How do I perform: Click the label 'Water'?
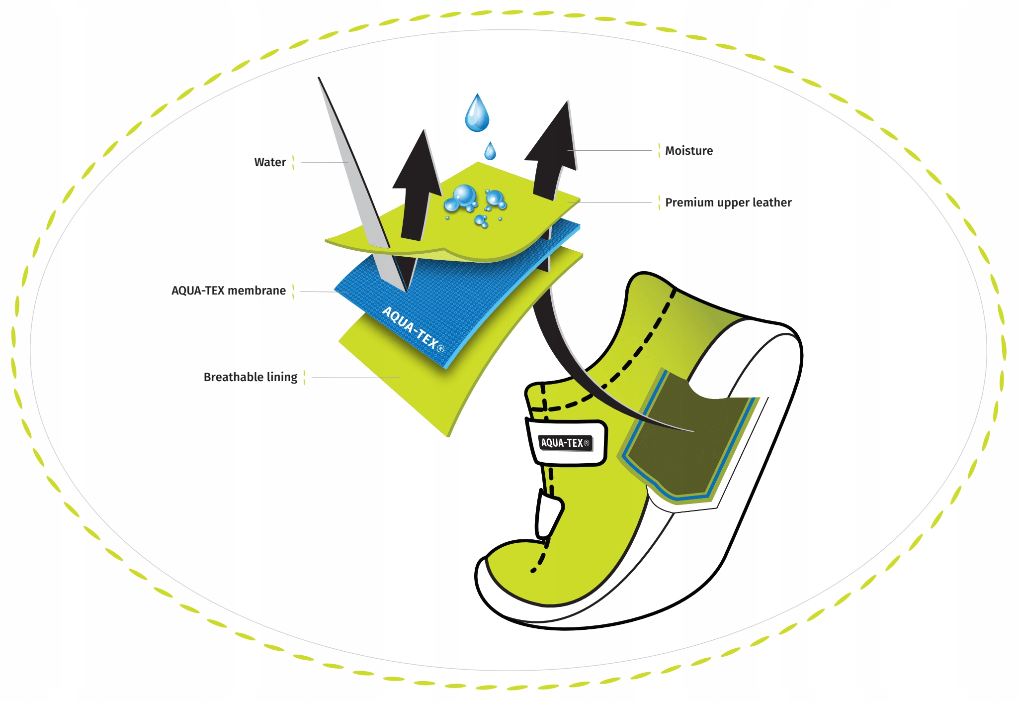pos(270,162)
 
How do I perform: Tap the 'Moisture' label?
pos(688,151)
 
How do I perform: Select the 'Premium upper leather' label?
pos(728,202)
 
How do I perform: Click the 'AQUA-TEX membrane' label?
pos(228,291)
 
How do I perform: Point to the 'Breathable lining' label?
pos(250,377)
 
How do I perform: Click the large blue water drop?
pos(477,114)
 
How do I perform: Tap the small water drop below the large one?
pos(490,151)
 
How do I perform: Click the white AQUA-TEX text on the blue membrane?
pos(413,328)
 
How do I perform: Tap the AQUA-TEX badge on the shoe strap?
pos(566,442)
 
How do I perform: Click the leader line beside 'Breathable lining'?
pos(355,378)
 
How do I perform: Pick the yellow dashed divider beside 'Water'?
pos(293,162)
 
